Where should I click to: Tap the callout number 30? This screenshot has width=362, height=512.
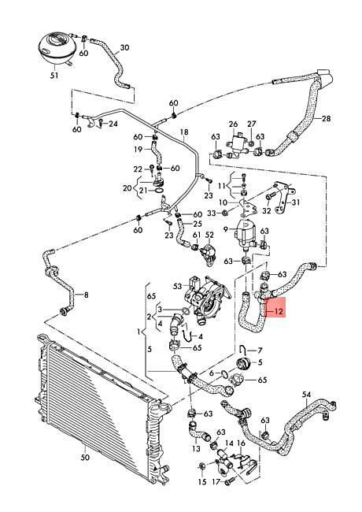(124, 48)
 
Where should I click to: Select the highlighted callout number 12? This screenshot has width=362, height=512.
(278, 311)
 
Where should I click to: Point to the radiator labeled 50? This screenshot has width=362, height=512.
(103, 408)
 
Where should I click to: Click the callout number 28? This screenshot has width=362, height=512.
(326, 118)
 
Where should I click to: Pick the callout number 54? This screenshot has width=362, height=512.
(307, 395)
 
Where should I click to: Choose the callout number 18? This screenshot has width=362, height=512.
(184, 132)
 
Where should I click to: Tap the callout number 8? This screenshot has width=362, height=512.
(86, 295)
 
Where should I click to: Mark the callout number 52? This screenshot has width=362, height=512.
(209, 235)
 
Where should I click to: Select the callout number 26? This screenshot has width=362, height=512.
(234, 124)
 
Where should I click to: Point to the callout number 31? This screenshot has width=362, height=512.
(296, 202)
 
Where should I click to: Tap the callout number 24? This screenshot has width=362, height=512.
(113, 124)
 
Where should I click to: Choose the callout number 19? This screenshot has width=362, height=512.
(139, 149)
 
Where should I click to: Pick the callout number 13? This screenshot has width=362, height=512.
(196, 448)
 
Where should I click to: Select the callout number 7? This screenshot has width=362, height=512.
(260, 351)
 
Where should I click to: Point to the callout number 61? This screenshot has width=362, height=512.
(197, 235)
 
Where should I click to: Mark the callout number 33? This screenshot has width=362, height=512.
(212, 213)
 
